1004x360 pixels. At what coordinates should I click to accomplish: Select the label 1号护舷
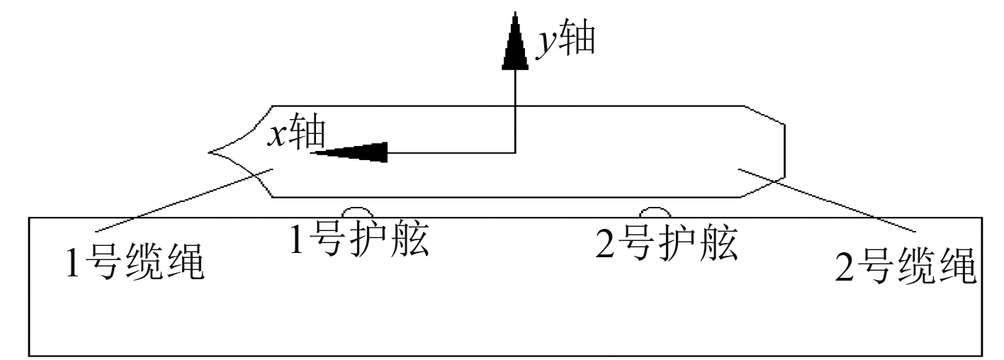click(x=359, y=241)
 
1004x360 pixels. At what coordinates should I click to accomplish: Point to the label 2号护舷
click(x=665, y=245)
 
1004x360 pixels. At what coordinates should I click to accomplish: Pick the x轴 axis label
click(x=296, y=133)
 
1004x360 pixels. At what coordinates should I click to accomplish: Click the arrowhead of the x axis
click(x=350, y=152)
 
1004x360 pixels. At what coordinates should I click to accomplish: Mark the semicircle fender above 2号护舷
click(x=655, y=212)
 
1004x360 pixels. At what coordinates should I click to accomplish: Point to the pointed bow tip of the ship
click(x=212, y=152)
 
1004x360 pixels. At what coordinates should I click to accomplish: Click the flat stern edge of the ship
click(x=785, y=150)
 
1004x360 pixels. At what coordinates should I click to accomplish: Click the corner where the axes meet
click(x=515, y=152)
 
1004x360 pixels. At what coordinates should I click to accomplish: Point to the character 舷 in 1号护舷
click(x=410, y=241)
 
